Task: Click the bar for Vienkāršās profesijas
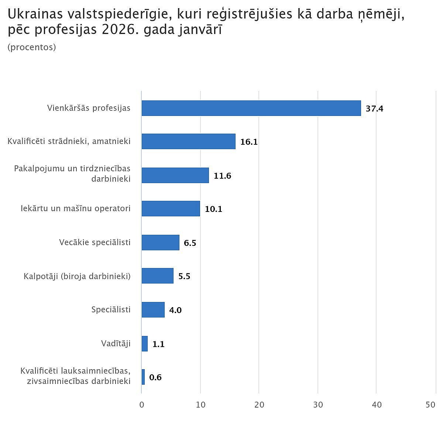(x=251, y=108)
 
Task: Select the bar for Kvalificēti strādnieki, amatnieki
(x=188, y=141)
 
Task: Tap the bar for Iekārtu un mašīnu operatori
(x=171, y=209)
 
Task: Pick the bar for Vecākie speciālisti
(x=160, y=243)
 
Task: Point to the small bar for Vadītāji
(x=145, y=344)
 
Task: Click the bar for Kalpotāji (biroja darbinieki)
(x=157, y=276)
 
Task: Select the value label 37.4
(x=374, y=109)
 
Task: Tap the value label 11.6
(x=222, y=176)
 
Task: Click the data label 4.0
(x=175, y=310)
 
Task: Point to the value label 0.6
(x=155, y=377)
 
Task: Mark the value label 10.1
(x=213, y=209)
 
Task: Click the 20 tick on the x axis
(x=259, y=405)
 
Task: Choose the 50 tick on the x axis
(x=430, y=405)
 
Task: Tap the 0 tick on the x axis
(x=142, y=405)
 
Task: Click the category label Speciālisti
(x=111, y=309)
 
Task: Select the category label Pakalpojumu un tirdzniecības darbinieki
(x=72, y=174)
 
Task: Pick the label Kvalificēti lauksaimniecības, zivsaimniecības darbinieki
(x=75, y=376)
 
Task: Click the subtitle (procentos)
(x=32, y=47)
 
